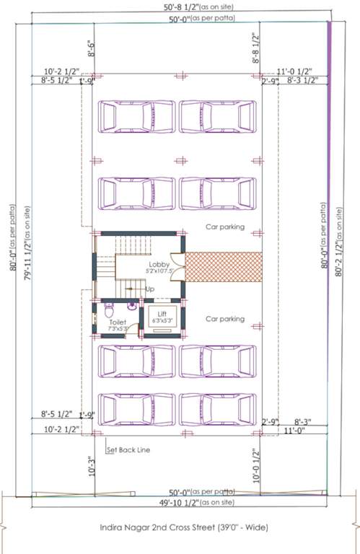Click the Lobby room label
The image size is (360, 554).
pyautogui.click(x=159, y=265)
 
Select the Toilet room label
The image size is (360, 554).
pyautogui.click(x=118, y=322)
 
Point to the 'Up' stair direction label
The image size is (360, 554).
pyautogui.click(x=150, y=289)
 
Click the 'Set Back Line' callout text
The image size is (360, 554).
pyautogui.click(x=128, y=450)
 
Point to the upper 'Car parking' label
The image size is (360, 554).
pyautogui.click(x=224, y=227)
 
